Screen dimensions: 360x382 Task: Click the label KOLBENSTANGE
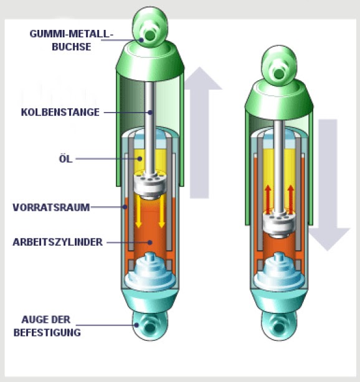coord(60,113)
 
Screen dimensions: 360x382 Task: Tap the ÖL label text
coord(66,159)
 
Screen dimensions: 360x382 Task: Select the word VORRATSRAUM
coord(51,207)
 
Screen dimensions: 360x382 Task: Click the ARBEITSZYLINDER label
coord(57,242)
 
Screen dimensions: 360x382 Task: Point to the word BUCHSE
coord(72,47)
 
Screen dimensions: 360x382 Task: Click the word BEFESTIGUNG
coord(47,333)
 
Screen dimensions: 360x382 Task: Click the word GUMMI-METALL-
coord(72,34)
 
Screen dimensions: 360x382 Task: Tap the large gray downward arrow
coord(328,185)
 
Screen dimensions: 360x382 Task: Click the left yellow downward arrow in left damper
coord(138,211)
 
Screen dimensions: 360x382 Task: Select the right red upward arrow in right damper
coord(290,199)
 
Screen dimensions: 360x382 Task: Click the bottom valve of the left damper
coord(150,272)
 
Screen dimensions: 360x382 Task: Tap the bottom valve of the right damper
coord(279,272)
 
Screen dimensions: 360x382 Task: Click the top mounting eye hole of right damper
coord(279,74)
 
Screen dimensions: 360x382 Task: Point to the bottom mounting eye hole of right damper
coord(279,327)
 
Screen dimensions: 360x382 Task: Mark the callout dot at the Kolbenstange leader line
coord(150,113)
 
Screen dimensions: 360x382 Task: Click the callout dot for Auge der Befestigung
coord(136,325)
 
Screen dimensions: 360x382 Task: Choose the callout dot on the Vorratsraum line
coord(125,207)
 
